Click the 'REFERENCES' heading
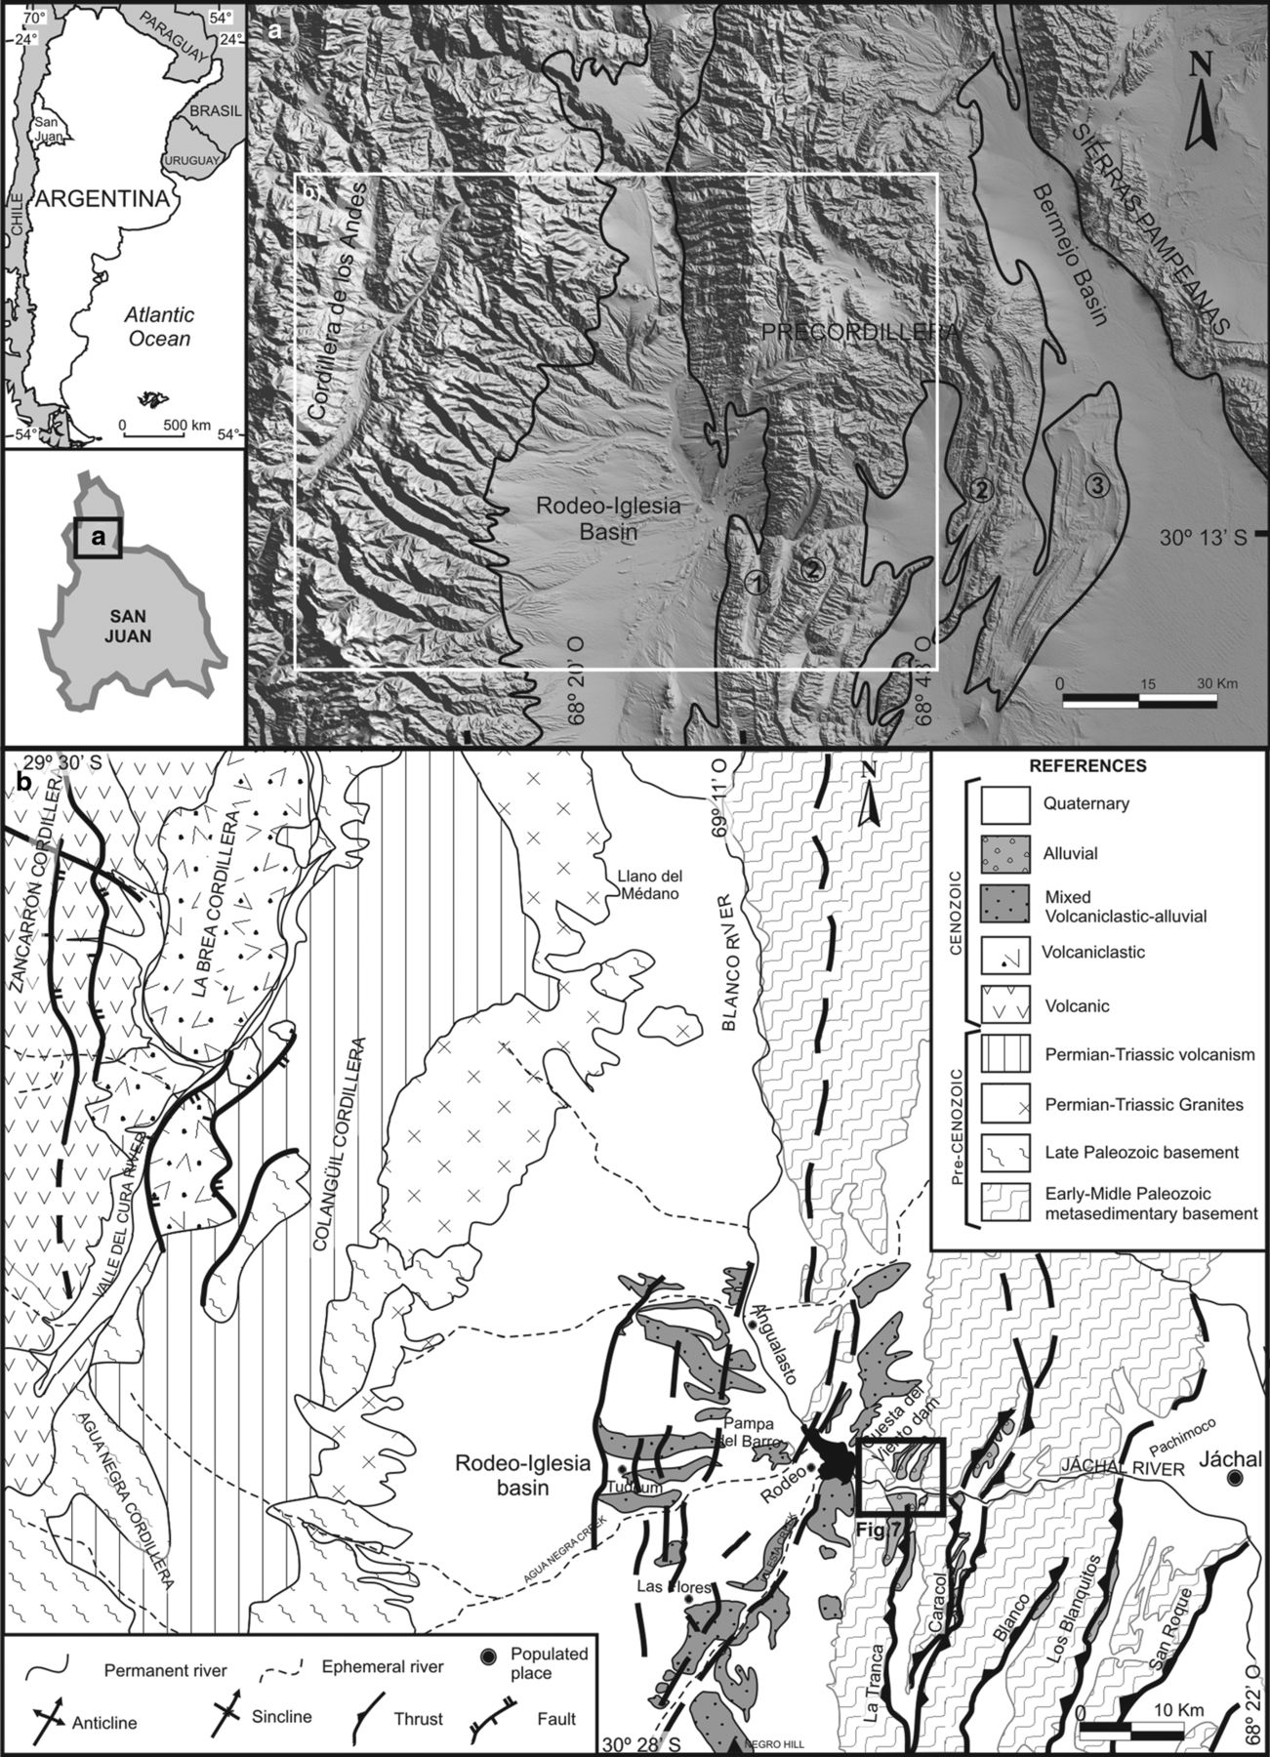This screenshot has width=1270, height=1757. pyautogui.click(x=1100, y=766)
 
